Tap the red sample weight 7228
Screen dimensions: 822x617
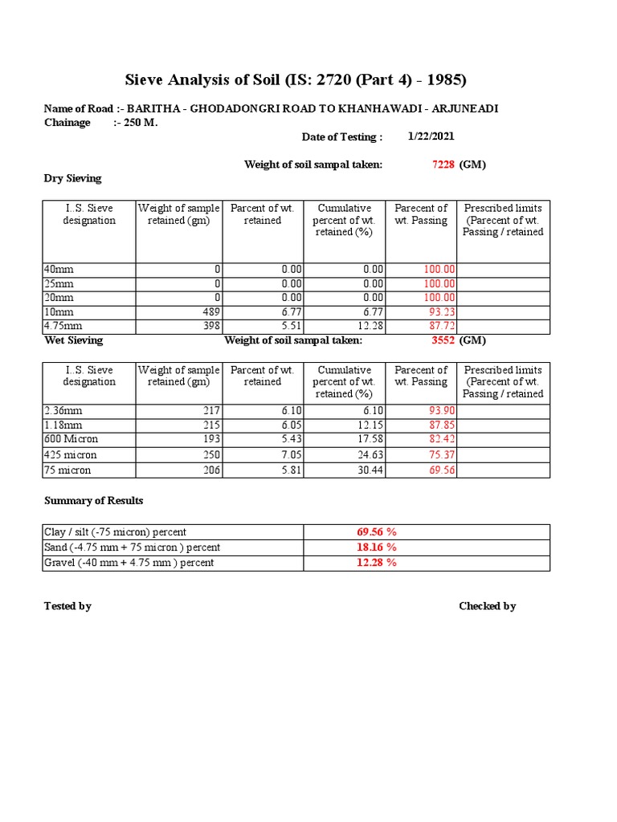tap(443, 165)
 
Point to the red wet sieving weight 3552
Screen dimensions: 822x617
tap(443, 340)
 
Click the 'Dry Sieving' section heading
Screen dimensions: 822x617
tap(72, 178)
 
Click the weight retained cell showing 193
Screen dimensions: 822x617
tap(210, 440)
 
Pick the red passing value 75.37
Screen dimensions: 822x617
tap(440, 455)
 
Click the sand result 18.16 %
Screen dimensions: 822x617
tap(377, 547)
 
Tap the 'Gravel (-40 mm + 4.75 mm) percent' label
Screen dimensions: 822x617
tap(129, 563)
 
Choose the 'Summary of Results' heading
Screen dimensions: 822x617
tap(93, 501)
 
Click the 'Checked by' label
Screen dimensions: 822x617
tap(487, 606)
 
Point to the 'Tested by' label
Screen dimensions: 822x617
tap(67, 606)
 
